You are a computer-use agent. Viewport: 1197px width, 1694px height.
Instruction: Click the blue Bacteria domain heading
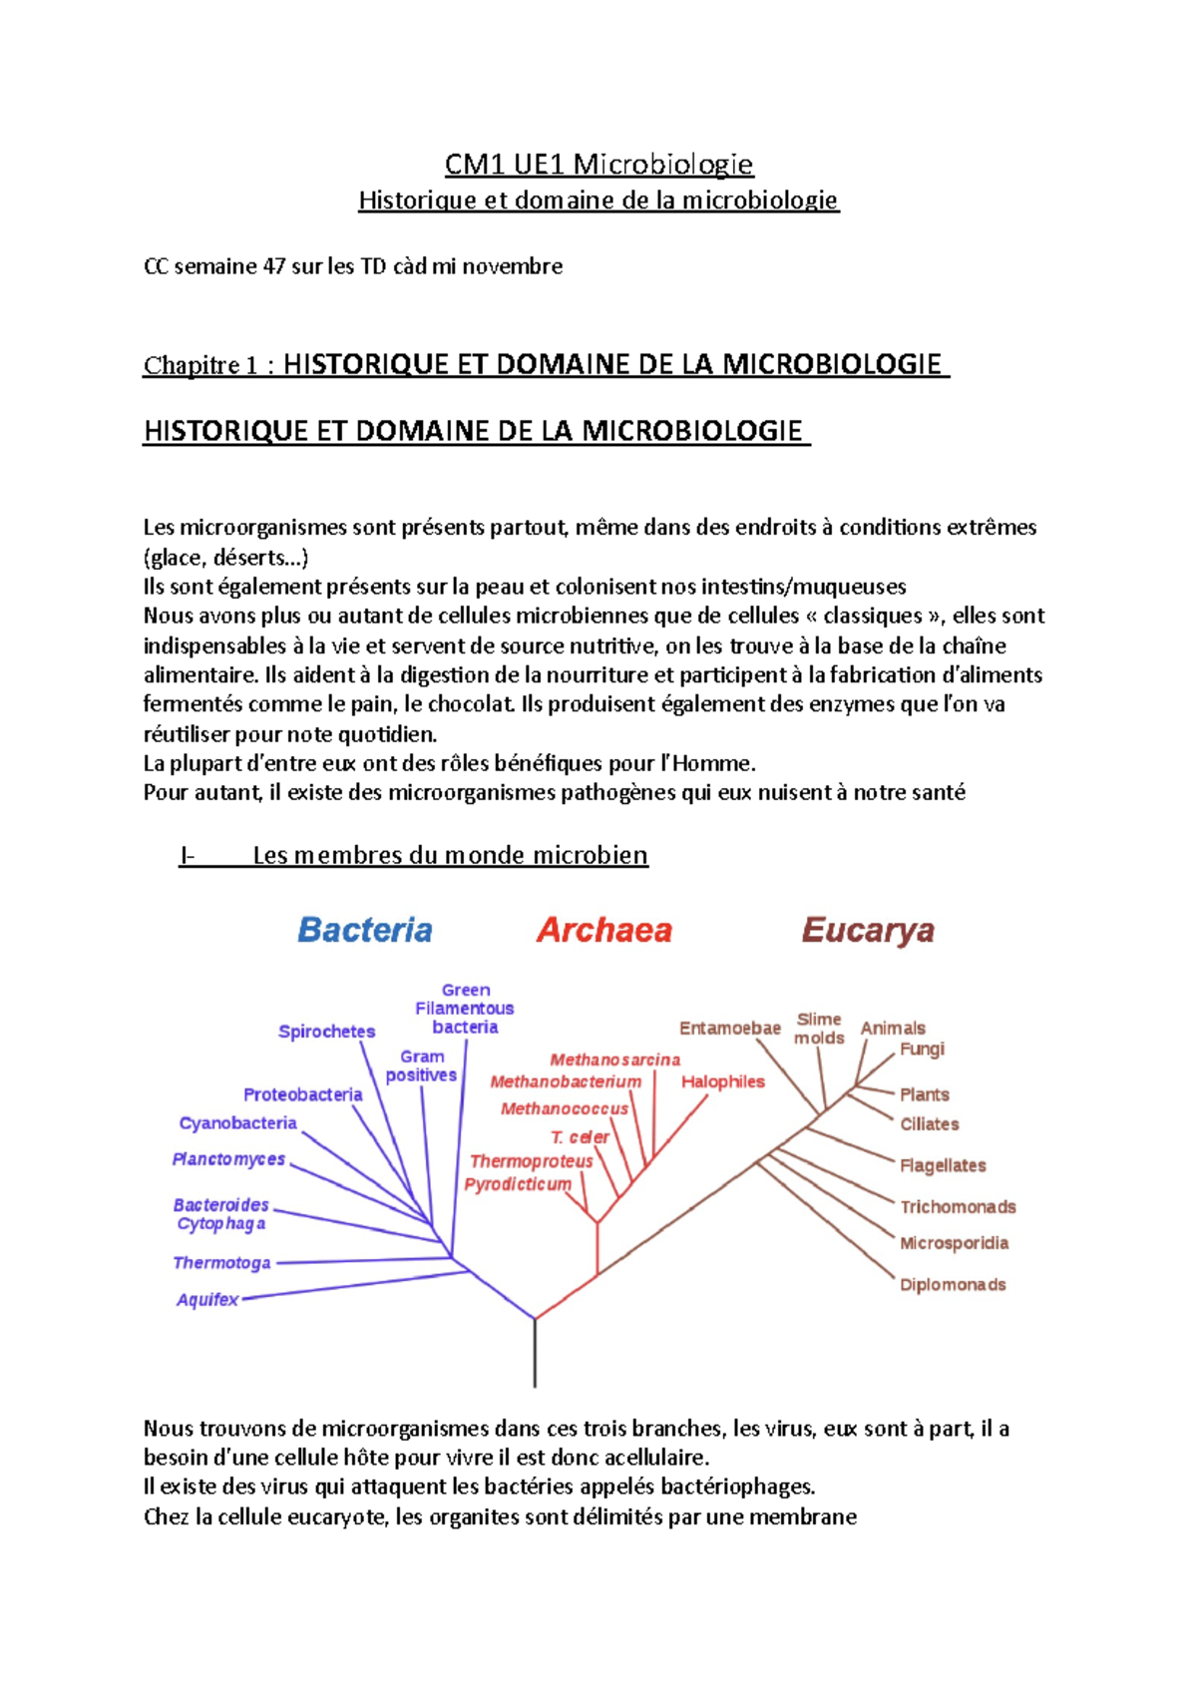365,930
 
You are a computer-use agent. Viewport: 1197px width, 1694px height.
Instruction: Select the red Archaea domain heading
604,930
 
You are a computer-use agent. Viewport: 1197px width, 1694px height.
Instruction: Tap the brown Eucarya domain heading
868,930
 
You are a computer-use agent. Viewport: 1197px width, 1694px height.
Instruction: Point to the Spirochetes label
326,1032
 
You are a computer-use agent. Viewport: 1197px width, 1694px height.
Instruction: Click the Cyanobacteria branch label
237,1122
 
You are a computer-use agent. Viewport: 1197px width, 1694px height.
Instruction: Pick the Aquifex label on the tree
207,1299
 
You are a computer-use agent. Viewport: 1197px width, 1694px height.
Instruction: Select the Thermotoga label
221,1262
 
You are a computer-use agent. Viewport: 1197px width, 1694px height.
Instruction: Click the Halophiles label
722,1081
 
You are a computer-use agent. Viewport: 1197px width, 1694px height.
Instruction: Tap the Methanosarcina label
614,1059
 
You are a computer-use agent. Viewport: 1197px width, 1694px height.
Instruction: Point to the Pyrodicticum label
518,1184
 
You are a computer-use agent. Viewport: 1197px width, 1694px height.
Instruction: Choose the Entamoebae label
729,1028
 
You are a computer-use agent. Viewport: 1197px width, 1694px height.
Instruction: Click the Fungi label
922,1049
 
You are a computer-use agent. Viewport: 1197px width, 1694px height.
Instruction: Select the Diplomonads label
953,1284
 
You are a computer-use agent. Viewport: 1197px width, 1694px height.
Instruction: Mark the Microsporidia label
954,1243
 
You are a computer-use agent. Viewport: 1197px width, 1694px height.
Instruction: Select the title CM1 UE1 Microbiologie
598,164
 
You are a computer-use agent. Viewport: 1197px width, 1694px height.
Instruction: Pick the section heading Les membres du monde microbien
450,855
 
